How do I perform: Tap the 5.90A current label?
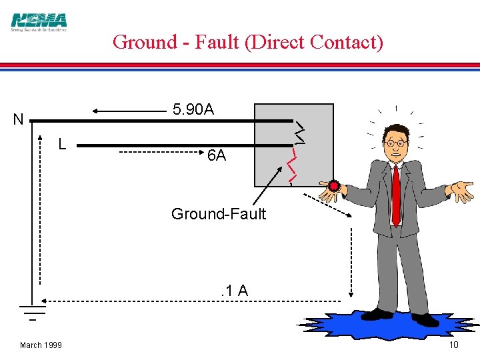point(193,109)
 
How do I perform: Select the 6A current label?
point(217,156)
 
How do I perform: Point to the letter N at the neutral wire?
point(18,121)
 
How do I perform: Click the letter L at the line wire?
point(61,143)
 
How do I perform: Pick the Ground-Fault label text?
point(218,214)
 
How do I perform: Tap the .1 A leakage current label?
point(234,291)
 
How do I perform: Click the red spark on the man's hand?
point(333,187)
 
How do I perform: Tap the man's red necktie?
point(396,193)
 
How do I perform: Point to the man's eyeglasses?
point(397,143)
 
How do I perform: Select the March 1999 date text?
point(41,345)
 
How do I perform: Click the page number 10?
point(453,345)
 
